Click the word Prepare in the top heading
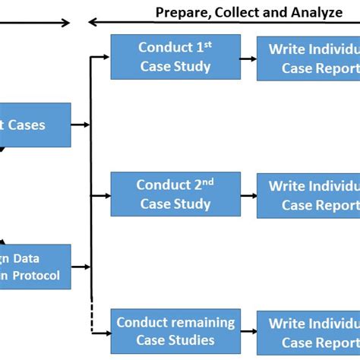[182, 13]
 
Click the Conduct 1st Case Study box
[175, 57]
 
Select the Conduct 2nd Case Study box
[175, 194]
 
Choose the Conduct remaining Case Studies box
[175, 331]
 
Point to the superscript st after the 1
[208, 44]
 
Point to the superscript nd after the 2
[210, 182]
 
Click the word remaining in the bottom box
[203, 322]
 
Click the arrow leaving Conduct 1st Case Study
[248, 58]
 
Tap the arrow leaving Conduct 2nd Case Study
[248, 194]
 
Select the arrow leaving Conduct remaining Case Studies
[248, 332]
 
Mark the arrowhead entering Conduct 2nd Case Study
[106, 194]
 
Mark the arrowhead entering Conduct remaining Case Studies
[106, 332]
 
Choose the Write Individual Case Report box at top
[308, 58]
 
